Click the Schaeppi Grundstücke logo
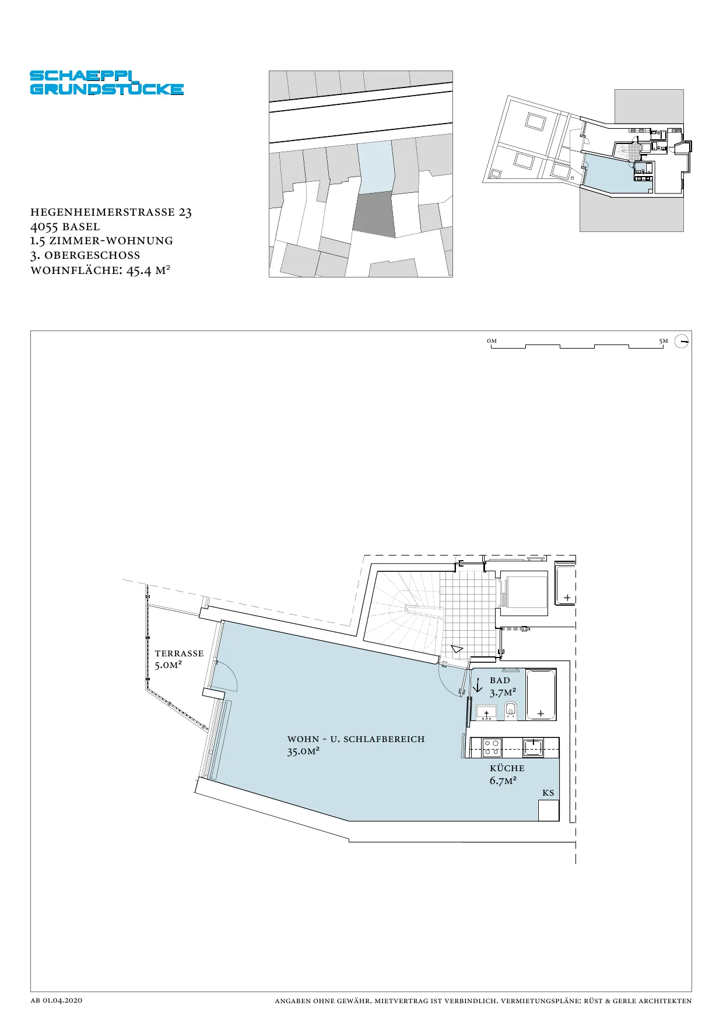click(107, 83)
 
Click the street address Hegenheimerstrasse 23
click(111, 212)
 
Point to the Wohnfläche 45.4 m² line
click(100, 270)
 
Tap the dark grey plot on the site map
click(374, 215)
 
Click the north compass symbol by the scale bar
click(682, 341)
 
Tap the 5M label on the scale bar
click(664, 341)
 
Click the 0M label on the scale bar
click(492, 341)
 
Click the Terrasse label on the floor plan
click(179, 653)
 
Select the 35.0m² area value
click(303, 751)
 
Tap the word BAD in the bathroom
click(500, 680)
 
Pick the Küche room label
click(507, 768)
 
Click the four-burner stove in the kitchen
click(492, 748)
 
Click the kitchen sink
click(533, 747)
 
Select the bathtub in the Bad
click(541, 695)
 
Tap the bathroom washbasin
click(486, 712)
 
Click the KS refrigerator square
click(549, 810)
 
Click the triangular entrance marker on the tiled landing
click(457, 648)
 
